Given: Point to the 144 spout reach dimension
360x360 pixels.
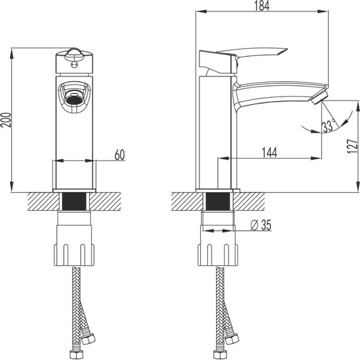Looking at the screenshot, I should click(270, 152).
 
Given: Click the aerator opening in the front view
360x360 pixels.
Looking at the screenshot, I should click(73, 97).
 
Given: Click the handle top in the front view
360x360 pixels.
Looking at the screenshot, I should click(74, 54).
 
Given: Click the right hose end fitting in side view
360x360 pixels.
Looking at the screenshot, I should click(232, 340).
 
